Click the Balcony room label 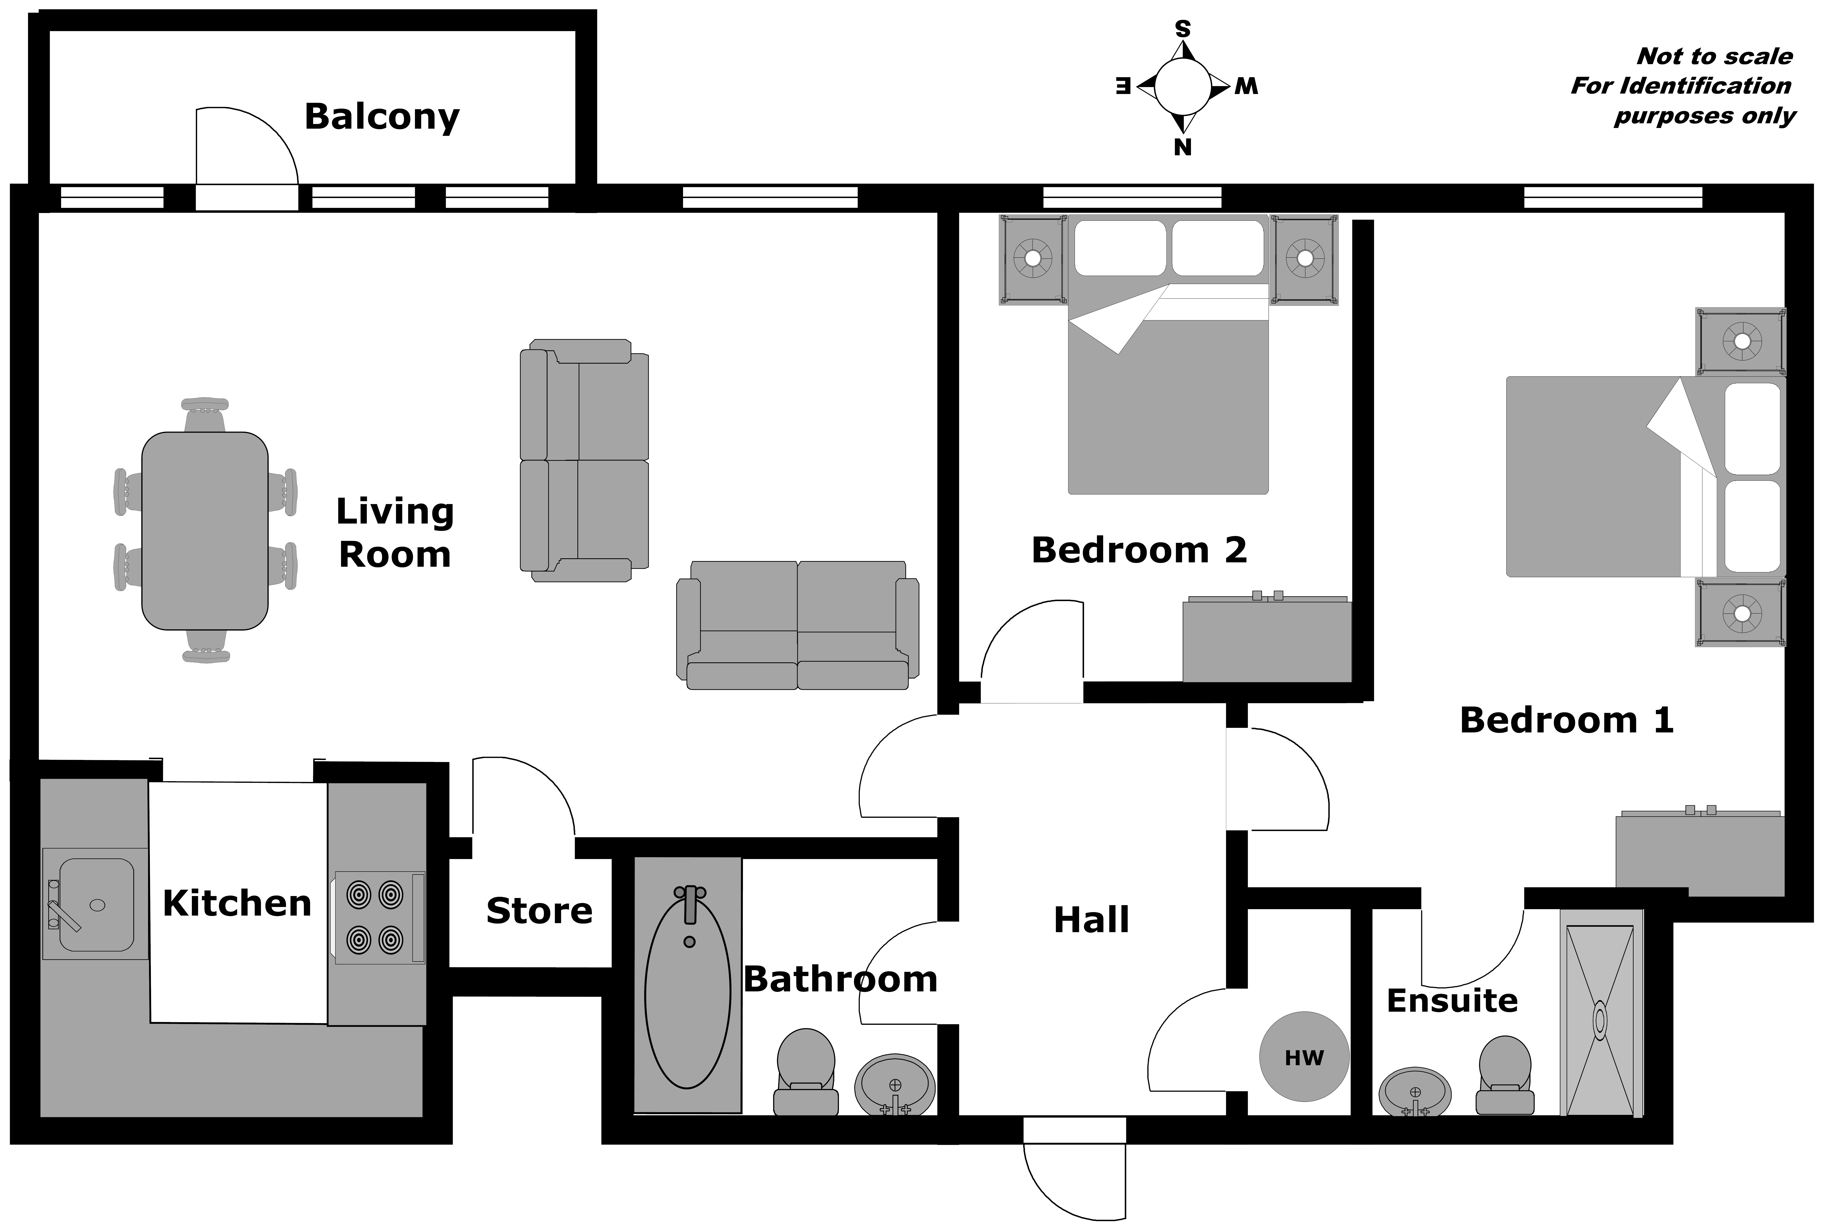pyautogui.click(x=382, y=117)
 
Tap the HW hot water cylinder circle pyautogui.click(x=1304, y=1056)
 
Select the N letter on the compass pyautogui.click(x=1183, y=147)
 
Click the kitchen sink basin pyautogui.click(x=96, y=904)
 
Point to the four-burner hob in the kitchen pyautogui.click(x=380, y=917)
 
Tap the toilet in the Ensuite pyautogui.click(x=1504, y=1075)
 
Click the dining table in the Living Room pyautogui.click(x=205, y=531)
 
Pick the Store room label pyautogui.click(x=540, y=911)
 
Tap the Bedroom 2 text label pyautogui.click(x=1139, y=550)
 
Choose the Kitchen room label pyautogui.click(x=237, y=904)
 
